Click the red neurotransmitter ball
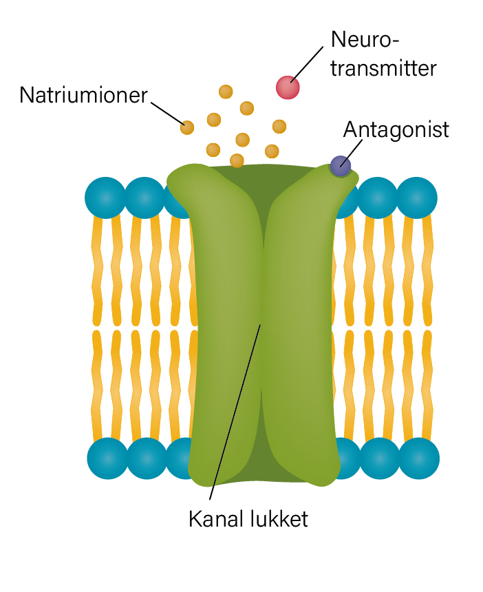pos(288,87)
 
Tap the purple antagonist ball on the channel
pos(341,166)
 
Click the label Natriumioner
pos(83,95)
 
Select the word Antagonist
pos(396,130)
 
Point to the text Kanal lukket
pos(248,519)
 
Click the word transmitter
pos(383,68)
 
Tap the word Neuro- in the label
pos(365,39)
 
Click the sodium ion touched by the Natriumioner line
pos(186,127)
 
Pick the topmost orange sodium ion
pos(226,92)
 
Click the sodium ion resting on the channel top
pos(237,160)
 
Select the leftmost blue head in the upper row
pos(105,198)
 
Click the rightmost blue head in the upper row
pos(416,198)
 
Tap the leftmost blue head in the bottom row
pos(107,458)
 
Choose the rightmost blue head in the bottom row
pos(419,458)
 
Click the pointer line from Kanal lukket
pos(235,412)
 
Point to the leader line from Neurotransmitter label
pos(307,63)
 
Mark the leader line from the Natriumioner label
pos(168,113)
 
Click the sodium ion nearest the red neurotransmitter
pos(279,127)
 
